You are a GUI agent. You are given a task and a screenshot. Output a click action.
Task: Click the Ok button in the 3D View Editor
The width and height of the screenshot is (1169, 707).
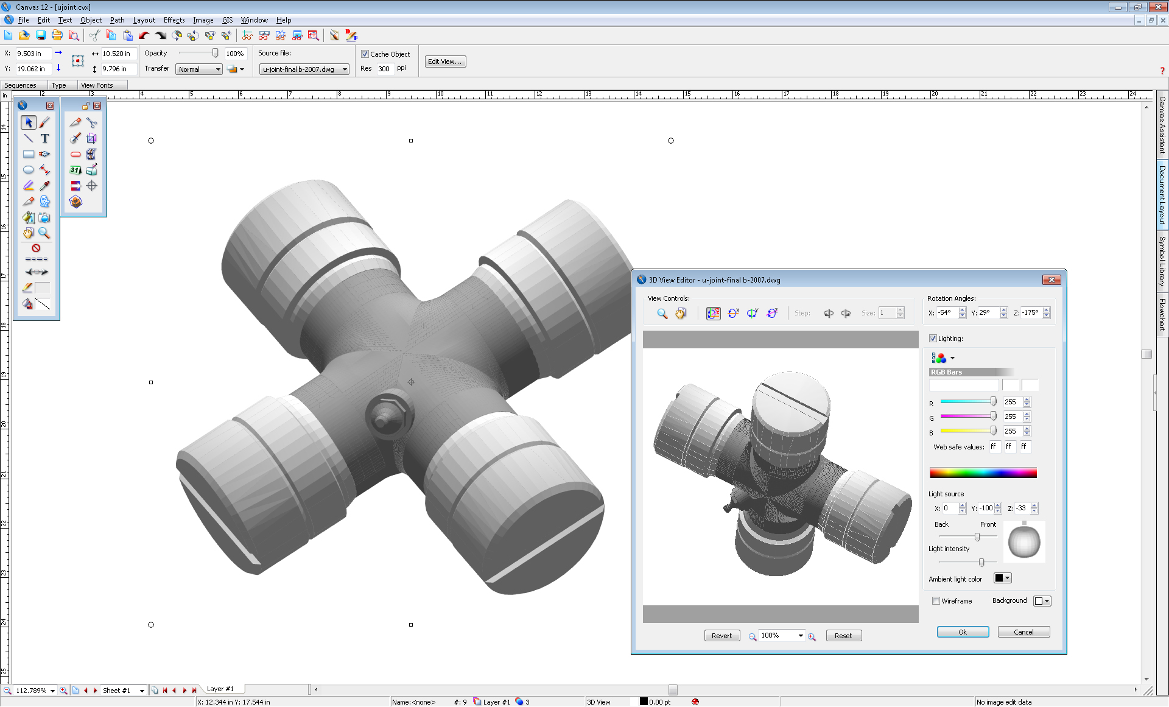(963, 632)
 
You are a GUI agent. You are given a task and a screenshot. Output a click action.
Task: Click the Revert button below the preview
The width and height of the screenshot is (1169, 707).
(722, 636)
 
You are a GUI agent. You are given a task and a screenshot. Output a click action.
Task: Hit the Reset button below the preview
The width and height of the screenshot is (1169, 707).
(843, 636)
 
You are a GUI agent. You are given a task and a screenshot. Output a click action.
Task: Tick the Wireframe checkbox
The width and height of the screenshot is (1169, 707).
(936, 601)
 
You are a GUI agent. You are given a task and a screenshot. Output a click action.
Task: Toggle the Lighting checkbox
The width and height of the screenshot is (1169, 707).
(933, 339)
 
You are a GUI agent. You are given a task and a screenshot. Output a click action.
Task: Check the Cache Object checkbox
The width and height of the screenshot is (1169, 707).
(365, 54)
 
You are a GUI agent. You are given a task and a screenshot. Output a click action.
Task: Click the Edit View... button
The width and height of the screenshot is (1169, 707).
(445, 62)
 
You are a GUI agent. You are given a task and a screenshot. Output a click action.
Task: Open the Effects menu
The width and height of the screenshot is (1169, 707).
(174, 20)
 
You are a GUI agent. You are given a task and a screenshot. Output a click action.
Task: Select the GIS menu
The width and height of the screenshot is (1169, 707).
(227, 20)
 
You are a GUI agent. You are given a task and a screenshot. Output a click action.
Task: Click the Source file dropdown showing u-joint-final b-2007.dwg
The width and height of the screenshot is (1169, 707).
(304, 69)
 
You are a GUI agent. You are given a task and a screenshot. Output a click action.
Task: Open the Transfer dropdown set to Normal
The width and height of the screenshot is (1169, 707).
(199, 69)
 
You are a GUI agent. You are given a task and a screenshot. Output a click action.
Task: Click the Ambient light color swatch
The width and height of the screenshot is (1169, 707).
(1002, 578)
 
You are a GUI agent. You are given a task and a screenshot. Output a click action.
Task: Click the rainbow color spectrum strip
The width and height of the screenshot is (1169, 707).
(983, 473)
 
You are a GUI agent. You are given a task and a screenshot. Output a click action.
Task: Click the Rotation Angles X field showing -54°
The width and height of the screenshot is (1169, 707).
(946, 313)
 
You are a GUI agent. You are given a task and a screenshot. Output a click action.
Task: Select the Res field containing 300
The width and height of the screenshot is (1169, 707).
(384, 69)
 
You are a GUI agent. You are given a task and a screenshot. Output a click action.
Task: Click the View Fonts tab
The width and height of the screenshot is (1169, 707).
(97, 85)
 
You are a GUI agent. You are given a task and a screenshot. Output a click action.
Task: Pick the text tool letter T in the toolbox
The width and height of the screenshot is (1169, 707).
(44, 138)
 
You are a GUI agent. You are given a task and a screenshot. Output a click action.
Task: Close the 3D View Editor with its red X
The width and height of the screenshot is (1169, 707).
(1051, 280)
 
